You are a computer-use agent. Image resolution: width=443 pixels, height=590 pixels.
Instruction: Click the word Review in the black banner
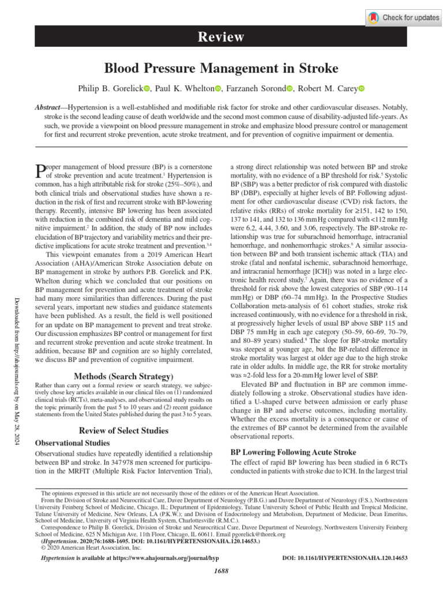tap(221, 37)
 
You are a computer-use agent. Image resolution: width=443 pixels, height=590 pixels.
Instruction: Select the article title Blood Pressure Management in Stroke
tap(221, 69)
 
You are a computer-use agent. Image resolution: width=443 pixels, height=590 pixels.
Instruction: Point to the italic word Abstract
tap(48, 108)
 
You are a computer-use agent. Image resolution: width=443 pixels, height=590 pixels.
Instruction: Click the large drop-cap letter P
tap(40, 171)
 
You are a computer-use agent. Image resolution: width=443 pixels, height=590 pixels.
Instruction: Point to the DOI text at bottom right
tap(346, 558)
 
